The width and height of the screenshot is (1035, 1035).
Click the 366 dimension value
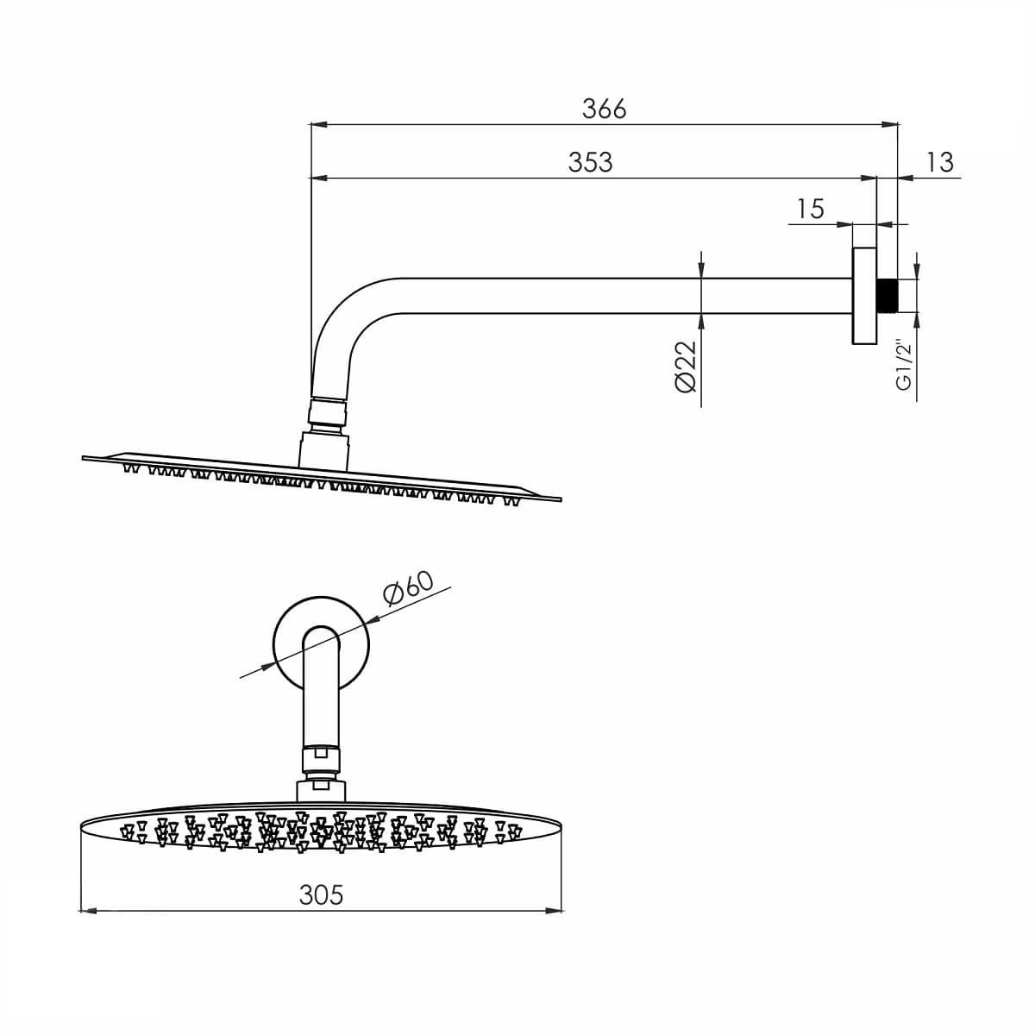(x=604, y=109)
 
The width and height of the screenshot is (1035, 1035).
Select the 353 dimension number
(x=590, y=162)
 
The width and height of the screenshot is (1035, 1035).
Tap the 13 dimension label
(x=940, y=162)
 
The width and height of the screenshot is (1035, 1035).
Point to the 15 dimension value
(x=810, y=209)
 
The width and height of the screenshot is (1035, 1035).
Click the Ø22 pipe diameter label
(x=686, y=367)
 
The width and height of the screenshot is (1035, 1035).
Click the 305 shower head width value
(x=321, y=895)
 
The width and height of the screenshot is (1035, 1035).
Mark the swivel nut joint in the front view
(x=321, y=760)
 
